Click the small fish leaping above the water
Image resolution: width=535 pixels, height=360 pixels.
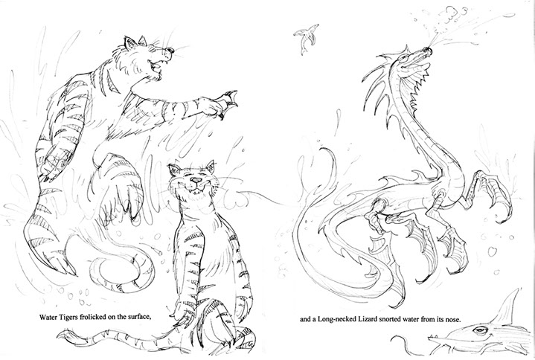click(304, 37)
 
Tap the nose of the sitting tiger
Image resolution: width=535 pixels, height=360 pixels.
click(196, 180)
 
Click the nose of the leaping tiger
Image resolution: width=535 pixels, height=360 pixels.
click(170, 51)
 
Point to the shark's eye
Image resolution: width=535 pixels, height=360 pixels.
click(480, 330)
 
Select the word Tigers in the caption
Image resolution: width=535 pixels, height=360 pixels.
click(70, 318)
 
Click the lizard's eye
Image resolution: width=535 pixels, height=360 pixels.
click(404, 59)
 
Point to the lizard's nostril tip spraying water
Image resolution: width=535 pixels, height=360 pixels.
click(428, 51)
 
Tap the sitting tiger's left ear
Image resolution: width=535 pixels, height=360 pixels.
click(174, 170)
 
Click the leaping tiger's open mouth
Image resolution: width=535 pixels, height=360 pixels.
click(156, 66)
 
